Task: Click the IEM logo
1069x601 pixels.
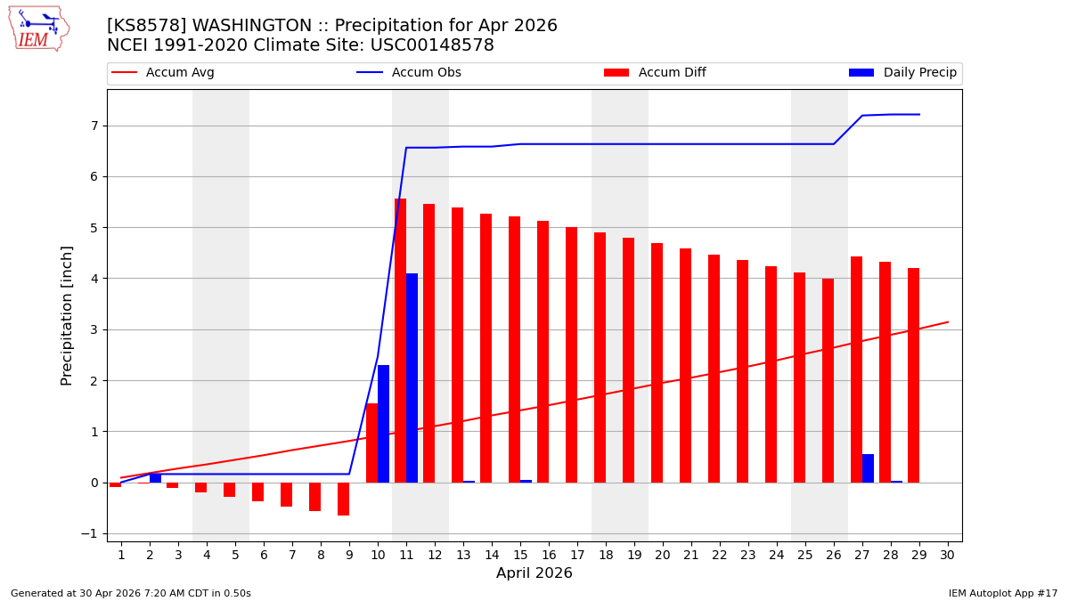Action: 38,28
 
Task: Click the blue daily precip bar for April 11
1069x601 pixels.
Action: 412,378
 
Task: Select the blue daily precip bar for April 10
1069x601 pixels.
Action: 383,424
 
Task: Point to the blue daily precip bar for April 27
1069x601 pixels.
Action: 868,468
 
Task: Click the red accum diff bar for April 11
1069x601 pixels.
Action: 400,340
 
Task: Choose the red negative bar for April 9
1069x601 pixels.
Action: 343,499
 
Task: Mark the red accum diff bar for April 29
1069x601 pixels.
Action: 913,375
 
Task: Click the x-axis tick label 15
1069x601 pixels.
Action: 520,555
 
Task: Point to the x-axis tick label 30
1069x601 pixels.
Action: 948,555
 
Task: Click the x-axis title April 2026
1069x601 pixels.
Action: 534,573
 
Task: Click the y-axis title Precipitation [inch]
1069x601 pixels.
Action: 68,315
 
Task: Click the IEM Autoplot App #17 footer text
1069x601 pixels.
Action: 1003,593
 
